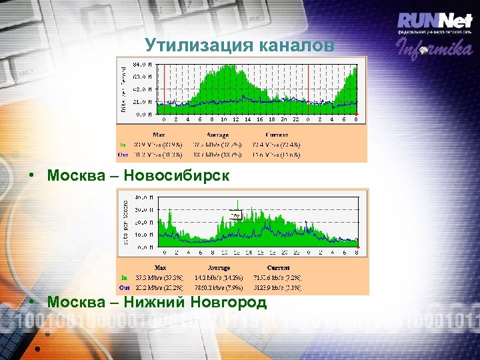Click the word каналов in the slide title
click(297, 45)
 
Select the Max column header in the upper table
click(159, 134)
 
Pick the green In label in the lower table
click(123, 277)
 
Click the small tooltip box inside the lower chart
click(235, 215)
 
